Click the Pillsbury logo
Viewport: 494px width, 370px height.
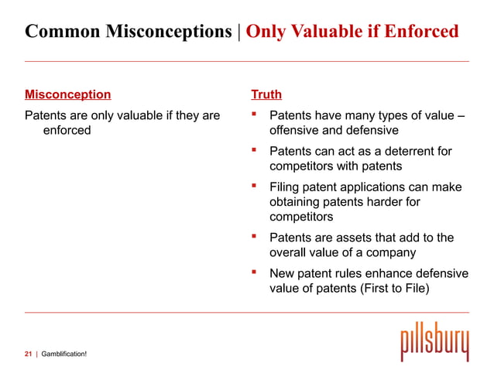[434, 341]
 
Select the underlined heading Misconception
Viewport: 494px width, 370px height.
[67, 95]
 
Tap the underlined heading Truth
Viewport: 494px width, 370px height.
[266, 95]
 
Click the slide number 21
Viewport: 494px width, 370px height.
[29, 354]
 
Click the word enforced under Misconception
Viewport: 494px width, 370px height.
[67, 130]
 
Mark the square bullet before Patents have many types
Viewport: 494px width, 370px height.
[253, 116]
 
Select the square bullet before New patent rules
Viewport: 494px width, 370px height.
[253, 273]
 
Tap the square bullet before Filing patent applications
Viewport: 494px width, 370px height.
[253, 187]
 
